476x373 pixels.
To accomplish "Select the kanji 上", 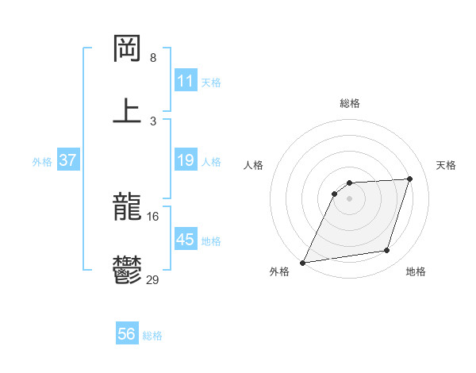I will (x=127, y=110).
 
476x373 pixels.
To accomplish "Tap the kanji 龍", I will (x=127, y=209).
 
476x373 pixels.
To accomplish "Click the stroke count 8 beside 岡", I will (x=153, y=58).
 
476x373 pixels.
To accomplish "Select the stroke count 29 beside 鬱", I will (x=153, y=279).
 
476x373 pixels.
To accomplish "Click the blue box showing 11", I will (x=185, y=81).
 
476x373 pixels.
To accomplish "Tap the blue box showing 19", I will (x=185, y=160).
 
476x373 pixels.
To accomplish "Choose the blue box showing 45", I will (x=185, y=240).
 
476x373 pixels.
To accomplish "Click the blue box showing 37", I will (x=67, y=160).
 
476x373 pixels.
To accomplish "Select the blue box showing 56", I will (x=127, y=334).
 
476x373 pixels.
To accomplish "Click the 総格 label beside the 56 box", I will (x=152, y=336).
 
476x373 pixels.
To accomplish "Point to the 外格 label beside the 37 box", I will (x=42, y=162).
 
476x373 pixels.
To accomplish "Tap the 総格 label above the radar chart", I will (x=350, y=103).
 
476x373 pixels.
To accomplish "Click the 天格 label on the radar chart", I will (x=446, y=165).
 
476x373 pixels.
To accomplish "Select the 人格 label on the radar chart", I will (x=254, y=165).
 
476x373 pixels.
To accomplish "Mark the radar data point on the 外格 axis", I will (x=303, y=263).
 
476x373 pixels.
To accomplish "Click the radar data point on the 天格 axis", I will (x=410, y=179).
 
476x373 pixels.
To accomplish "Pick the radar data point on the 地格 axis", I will (x=387, y=251).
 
